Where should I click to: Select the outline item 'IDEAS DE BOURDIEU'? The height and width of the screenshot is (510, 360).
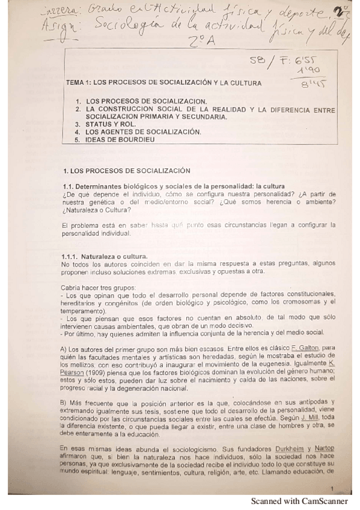(x=120, y=140)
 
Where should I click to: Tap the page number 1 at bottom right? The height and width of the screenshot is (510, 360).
(x=332, y=488)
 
